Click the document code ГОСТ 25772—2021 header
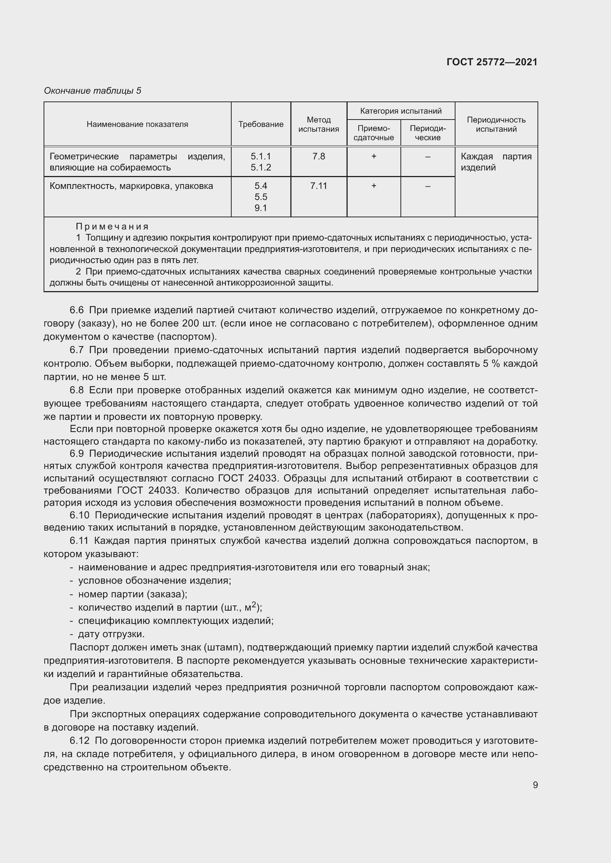point(492,62)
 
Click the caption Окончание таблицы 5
point(93,91)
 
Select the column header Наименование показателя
point(137,124)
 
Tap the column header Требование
point(261,124)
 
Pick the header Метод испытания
point(319,124)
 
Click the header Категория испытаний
point(401,111)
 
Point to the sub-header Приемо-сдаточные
point(373,133)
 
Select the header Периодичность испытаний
point(496,124)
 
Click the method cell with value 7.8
point(319,156)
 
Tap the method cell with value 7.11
point(319,186)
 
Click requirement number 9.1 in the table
point(261,208)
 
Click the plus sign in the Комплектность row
point(373,186)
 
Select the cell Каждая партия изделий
point(496,162)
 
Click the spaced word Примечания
point(112,227)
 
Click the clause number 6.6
point(77,310)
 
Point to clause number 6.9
point(77,454)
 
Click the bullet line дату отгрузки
point(111,634)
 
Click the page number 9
point(535,785)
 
